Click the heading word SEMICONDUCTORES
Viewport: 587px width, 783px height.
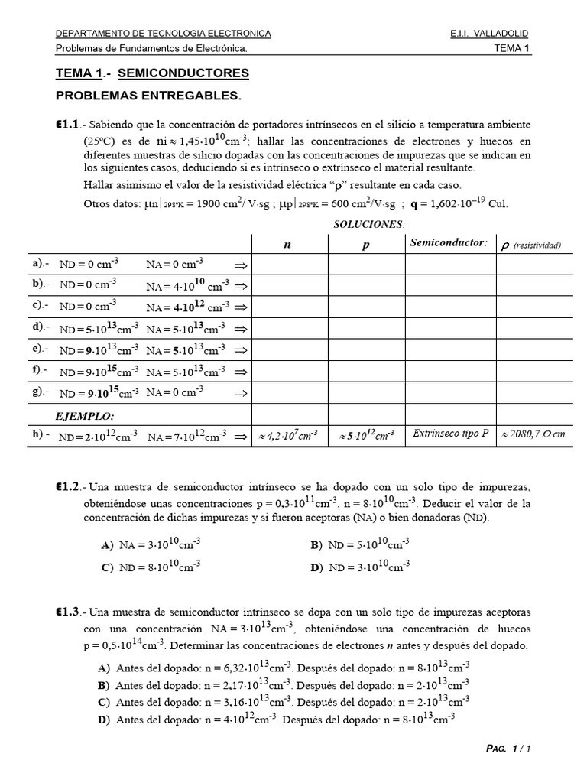[183, 73]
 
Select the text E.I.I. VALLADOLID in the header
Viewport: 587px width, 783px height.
[489, 34]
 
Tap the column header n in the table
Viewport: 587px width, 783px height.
[288, 244]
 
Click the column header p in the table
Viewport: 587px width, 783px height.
[365, 244]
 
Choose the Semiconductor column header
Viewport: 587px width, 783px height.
[449, 243]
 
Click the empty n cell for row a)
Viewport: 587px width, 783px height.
[290, 264]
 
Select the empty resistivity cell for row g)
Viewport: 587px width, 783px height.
[534, 392]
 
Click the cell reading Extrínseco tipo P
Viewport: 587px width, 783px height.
[450, 434]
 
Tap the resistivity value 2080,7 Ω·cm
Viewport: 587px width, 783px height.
[532, 434]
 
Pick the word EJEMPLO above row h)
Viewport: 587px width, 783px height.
[85, 417]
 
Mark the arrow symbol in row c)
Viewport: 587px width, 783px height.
[241, 307]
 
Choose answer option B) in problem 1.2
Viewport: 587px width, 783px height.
[316, 545]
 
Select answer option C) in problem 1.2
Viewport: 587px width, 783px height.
[107, 567]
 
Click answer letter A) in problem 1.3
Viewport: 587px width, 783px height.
[104, 668]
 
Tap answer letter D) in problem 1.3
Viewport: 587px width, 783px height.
[104, 719]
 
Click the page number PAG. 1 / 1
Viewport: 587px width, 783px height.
[508, 749]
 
